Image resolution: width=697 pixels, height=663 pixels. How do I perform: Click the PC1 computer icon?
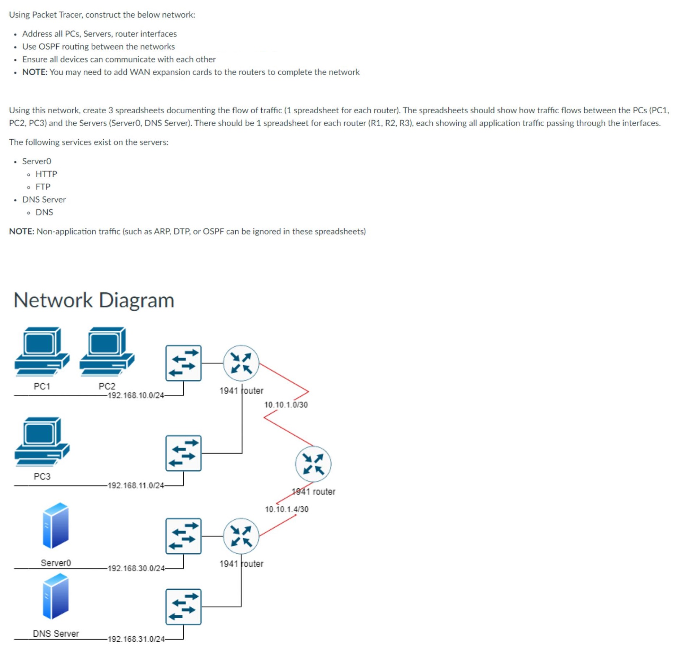(42, 351)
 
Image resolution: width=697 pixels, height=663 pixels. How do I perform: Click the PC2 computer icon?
(107, 351)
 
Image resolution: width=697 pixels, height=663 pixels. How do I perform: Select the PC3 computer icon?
(42, 441)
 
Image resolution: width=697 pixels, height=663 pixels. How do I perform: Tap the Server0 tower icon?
(55, 525)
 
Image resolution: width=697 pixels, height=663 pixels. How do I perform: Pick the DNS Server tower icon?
(55, 596)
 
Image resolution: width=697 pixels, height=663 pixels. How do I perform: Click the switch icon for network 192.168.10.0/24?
(183, 363)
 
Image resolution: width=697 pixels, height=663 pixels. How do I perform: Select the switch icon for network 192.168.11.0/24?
(183, 453)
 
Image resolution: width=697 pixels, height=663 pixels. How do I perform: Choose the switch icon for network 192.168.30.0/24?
(183, 536)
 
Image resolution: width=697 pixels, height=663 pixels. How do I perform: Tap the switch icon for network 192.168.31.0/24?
(183, 607)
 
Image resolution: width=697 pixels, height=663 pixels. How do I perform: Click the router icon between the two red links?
(313, 464)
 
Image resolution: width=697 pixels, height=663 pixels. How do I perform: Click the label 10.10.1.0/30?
(286, 405)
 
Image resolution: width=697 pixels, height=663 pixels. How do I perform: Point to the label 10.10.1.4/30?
(287, 509)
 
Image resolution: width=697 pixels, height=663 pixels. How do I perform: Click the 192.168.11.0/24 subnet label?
(136, 485)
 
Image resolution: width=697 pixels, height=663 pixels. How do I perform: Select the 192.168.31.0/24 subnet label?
(136, 639)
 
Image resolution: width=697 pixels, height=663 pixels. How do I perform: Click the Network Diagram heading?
(94, 300)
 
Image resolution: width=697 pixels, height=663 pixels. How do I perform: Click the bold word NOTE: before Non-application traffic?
(22, 231)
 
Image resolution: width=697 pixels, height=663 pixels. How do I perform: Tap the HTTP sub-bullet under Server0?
(46, 174)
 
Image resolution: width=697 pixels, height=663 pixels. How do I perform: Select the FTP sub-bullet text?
(43, 187)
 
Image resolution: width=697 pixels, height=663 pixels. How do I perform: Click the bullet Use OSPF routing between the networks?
(99, 47)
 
